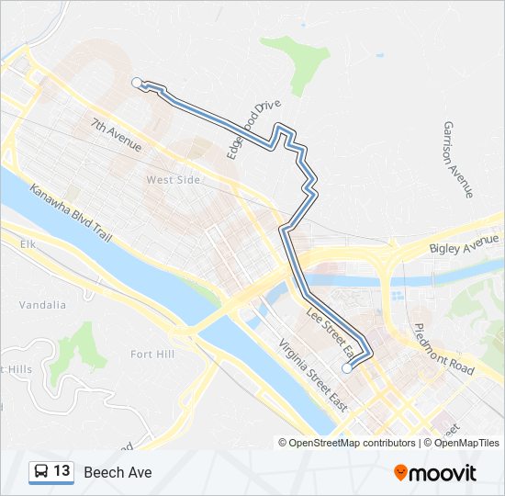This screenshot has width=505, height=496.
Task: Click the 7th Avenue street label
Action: point(117,134)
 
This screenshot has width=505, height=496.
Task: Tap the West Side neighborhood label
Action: point(173,180)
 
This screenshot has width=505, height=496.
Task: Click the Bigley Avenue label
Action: point(465,243)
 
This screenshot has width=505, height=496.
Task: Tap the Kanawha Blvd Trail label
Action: point(71,212)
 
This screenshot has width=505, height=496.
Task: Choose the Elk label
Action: point(27,244)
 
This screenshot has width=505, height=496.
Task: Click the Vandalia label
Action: point(40,304)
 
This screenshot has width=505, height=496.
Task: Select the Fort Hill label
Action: point(153,354)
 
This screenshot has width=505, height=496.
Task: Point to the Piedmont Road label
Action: point(443,348)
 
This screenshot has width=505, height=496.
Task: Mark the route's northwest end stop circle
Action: point(137,83)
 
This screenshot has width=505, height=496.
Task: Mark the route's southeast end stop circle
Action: point(346,368)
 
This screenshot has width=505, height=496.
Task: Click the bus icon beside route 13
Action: point(40,472)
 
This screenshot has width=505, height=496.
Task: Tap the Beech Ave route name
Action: point(118,472)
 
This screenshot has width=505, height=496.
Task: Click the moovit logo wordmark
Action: point(443,473)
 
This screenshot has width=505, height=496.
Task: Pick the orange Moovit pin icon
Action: point(400,473)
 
